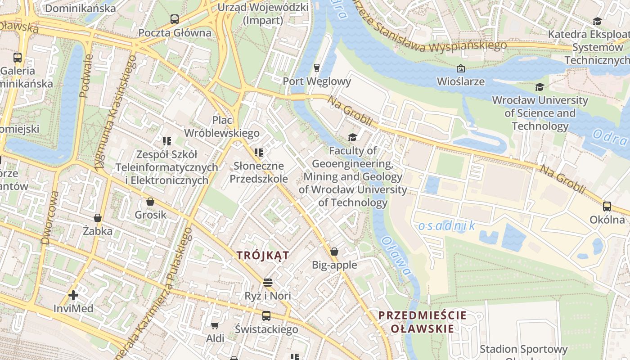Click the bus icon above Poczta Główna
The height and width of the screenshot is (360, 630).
click(x=174, y=19)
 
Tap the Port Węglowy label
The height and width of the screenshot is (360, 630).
click(x=317, y=81)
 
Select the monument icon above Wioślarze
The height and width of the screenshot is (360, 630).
click(x=460, y=68)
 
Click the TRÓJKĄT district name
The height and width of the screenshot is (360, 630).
click(x=263, y=255)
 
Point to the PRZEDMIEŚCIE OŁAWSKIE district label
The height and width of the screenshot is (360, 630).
click(x=422, y=322)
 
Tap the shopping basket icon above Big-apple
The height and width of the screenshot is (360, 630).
click(x=334, y=251)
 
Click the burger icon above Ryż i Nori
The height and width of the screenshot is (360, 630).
click(x=268, y=283)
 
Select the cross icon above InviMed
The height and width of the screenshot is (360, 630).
click(x=73, y=295)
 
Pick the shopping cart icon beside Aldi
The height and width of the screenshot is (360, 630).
click(x=215, y=325)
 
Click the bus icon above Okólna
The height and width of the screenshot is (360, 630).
click(x=607, y=207)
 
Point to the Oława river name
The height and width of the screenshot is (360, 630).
click(x=396, y=256)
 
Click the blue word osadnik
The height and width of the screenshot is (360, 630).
click(x=446, y=226)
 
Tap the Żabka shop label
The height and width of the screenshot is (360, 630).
click(x=98, y=231)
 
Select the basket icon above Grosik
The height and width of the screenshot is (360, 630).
click(x=150, y=202)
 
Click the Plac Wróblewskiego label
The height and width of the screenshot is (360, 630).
click(x=222, y=126)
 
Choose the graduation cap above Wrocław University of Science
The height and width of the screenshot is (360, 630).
click(x=540, y=87)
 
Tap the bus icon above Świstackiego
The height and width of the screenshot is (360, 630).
click(x=266, y=316)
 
